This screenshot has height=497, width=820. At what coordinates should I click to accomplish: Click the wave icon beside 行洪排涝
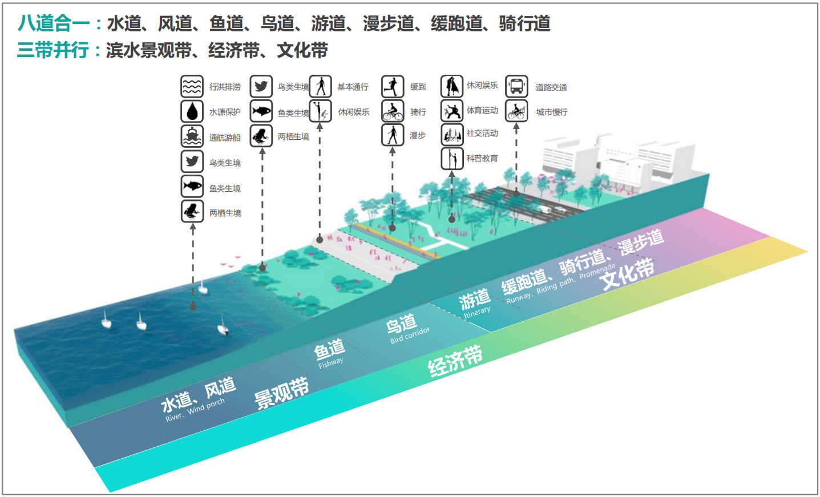(x=192, y=87)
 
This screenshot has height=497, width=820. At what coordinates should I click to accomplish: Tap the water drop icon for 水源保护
(x=192, y=111)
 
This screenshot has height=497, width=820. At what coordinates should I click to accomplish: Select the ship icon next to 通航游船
(x=192, y=136)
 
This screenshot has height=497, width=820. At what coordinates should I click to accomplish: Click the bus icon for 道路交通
(x=516, y=87)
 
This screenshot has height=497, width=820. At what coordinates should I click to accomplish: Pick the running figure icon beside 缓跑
(x=393, y=87)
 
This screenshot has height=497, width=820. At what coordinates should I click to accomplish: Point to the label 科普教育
(x=482, y=158)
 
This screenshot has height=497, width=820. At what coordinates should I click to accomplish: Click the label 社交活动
(x=482, y=133)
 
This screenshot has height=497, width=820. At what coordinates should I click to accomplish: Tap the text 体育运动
(x=482, y=110)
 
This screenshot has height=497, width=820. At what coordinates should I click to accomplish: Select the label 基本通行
(x=353, y=87)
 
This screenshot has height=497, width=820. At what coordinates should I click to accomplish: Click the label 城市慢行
(x=552, y=112)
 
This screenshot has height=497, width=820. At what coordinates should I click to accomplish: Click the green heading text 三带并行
(x=53, y=50)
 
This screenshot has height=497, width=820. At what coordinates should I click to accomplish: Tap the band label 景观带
(x=281, y=394)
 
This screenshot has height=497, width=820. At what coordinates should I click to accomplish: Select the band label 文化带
(x=628, y=273)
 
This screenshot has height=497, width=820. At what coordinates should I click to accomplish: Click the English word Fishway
(x=331, y=362)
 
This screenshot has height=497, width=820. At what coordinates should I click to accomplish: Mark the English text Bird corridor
(x=410, y=335)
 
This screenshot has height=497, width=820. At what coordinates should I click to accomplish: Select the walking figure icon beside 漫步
(x=393, y=135)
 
